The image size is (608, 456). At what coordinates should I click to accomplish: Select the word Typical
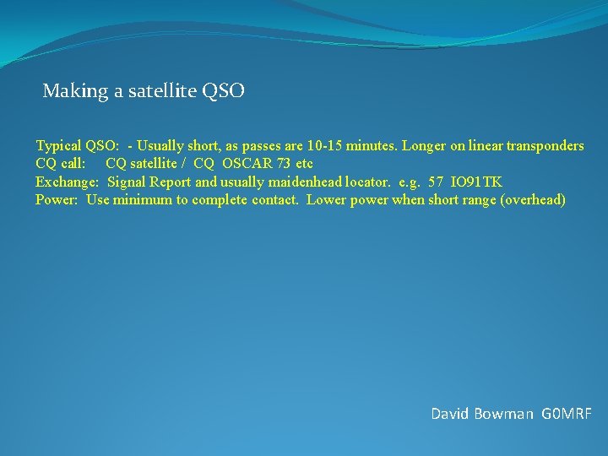tap(58, 146)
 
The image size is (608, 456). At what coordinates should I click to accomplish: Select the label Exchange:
tap(68, 182)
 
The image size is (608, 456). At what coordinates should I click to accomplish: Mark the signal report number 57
tap(436, 182)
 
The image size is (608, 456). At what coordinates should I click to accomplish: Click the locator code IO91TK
tap(477, 182)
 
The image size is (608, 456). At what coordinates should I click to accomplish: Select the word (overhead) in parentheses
tap(531, 200)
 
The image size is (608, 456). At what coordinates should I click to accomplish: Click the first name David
tap(452, 414)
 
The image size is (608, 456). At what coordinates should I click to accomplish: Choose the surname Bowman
tap(505, 414)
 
